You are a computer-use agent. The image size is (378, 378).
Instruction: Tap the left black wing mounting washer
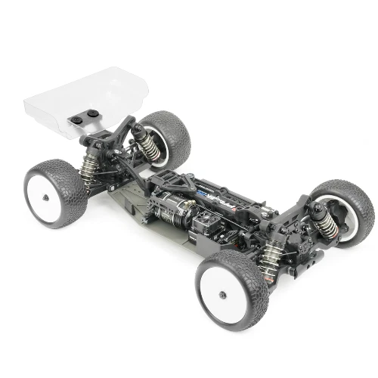(78, 119)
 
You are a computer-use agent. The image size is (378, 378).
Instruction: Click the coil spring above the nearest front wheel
(268, 254)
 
